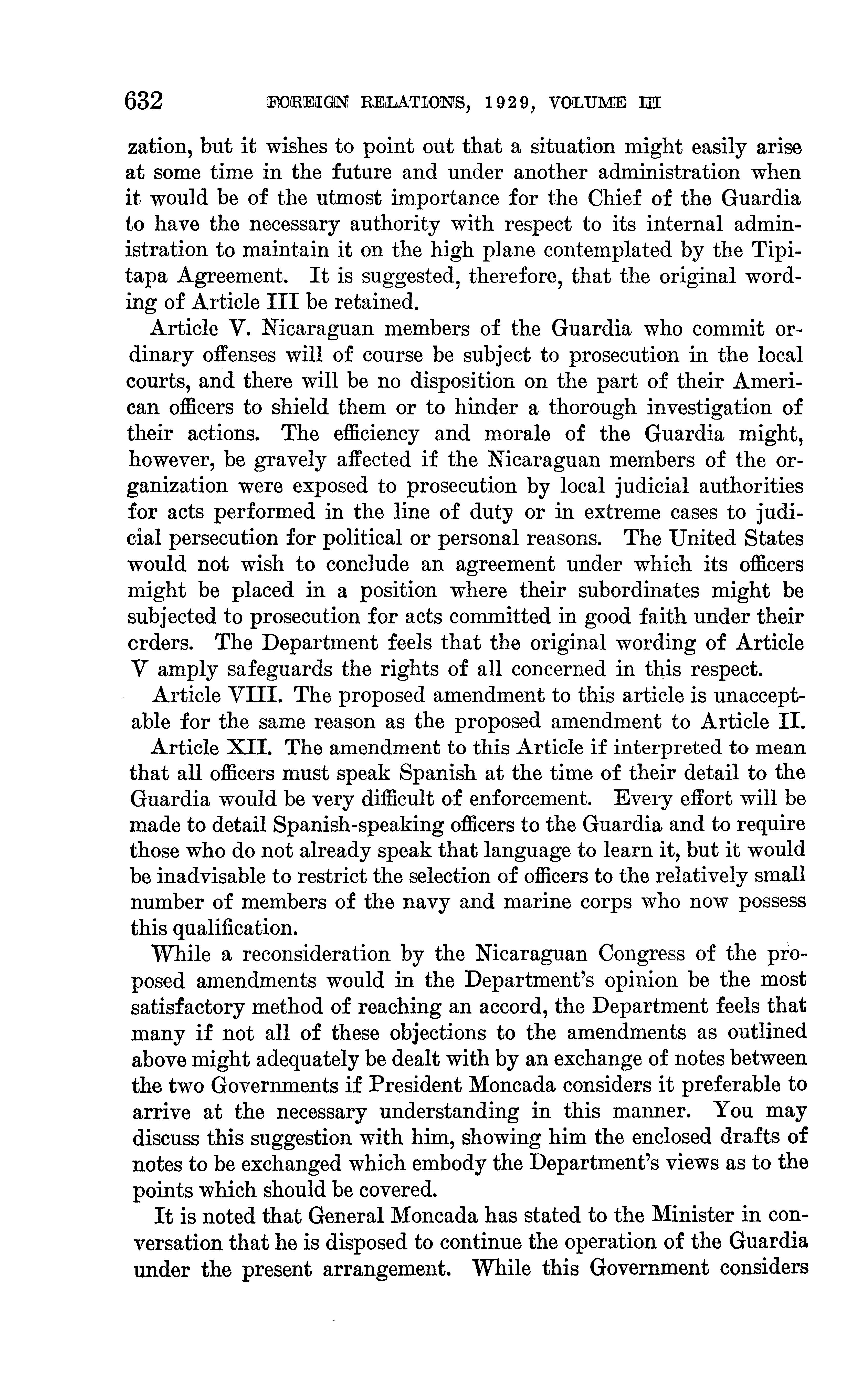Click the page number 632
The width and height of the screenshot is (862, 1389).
144,101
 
